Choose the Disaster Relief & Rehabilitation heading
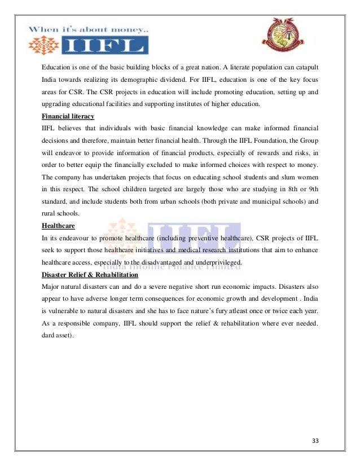pos(90,275)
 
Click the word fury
pos(222,311)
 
